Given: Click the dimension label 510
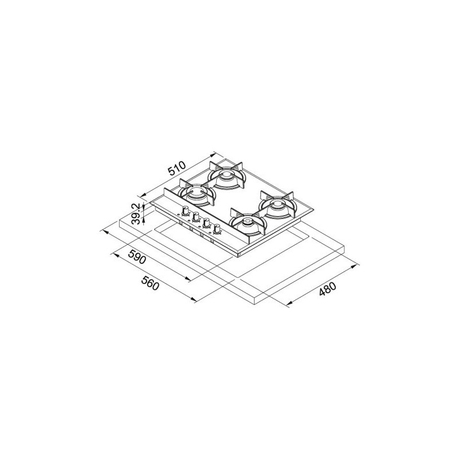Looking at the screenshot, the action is [177, 168].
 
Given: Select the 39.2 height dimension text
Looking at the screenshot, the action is [136, 215].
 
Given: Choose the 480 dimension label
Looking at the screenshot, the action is [328, 289].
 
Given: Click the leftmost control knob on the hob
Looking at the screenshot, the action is [185, 210].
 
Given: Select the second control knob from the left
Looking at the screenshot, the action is [195, 217].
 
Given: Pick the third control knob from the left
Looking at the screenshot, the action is [206, 223].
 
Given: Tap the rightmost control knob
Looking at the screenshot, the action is [217, 228].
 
